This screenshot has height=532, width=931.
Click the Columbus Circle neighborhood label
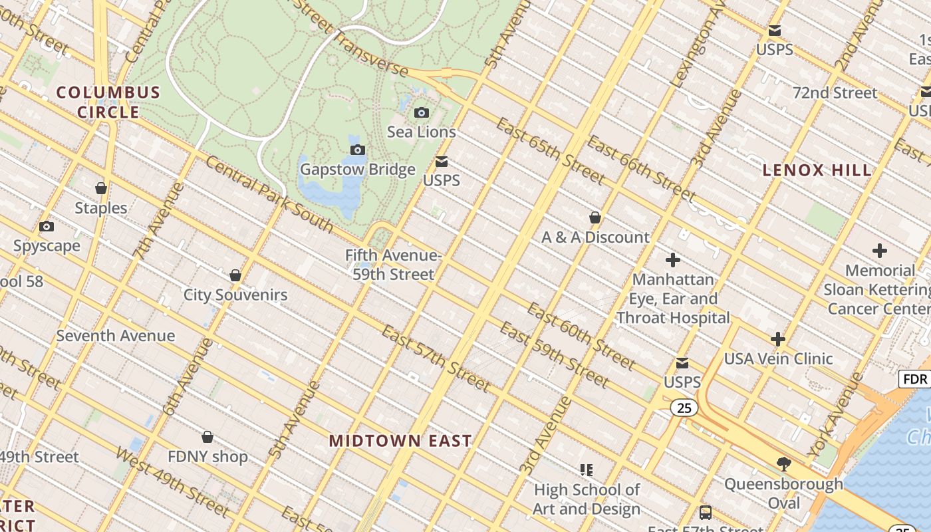[x=108, y=102]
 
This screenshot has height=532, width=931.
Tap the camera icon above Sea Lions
[x=422, y=112]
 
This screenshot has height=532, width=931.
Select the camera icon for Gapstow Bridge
[x=358, y=150]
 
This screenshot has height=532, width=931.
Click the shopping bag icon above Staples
[x=101, y=189]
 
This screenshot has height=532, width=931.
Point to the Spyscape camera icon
[x=47, y=227]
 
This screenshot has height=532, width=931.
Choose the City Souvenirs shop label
[x=235, y=295]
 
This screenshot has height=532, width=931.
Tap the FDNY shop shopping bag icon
[x=207, y=437]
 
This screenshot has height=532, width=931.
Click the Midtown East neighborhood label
[x=400, y=440]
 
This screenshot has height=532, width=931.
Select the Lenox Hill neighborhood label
[x=817, y=170]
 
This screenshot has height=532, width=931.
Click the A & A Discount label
[x=595, y=237]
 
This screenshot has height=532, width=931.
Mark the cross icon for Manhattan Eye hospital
[x=673, y=260]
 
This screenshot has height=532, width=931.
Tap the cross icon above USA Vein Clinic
[x=777, y=339]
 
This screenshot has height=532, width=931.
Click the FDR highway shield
[x=915, y=379]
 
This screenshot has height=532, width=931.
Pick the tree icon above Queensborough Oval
[x=783, y=464]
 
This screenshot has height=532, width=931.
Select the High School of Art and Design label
[x=587, y=499]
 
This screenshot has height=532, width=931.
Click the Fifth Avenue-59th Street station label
[x=393, y=265]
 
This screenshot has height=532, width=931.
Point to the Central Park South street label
[x=269, y=194]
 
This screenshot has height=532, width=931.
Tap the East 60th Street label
[x=581, y=336]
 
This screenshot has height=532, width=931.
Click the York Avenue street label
[x=834, y=416]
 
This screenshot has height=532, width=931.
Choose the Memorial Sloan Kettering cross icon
[x=880, y=251]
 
